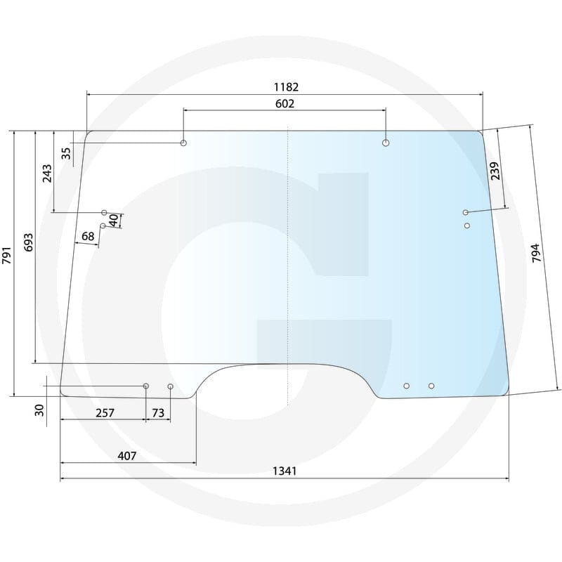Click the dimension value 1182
coord(286,87)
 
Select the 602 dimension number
coord(285,103)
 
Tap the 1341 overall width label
coord(285,471)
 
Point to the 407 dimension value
coord(127,456)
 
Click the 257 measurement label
coord(105,413)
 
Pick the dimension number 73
coord(157,413)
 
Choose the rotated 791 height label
coord(7,255)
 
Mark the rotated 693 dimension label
coord(29,242)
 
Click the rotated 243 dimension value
coord(47,174)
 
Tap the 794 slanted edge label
coord(536,253)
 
